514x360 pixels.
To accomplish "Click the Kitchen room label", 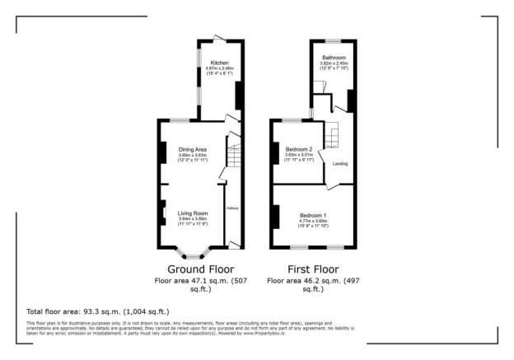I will [x=218, y=63].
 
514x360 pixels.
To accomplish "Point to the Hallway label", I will [x=233, y=208].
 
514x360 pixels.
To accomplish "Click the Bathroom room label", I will [x=334, y=58].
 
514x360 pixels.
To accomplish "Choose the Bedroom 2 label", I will [x=299, y=148].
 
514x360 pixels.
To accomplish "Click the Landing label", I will [x=339, y=164].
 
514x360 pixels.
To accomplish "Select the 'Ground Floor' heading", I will [x=200, y=269].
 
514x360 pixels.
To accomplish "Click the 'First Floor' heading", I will [x=312, y=269].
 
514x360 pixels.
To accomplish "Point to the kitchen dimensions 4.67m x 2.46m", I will [x=218, y=68].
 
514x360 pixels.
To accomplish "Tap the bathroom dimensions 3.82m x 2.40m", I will [x=334, y=63].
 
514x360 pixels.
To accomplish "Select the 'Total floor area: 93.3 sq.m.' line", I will [x=98, y=311].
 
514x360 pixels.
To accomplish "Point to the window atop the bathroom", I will [x=334, y=40].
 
